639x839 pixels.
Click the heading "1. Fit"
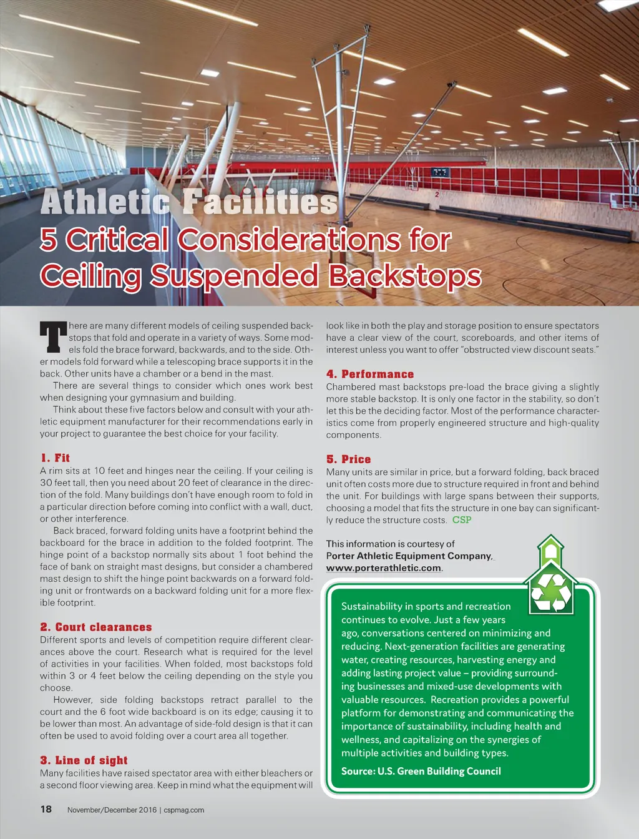[55, 458]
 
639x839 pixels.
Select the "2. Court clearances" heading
[96, 627]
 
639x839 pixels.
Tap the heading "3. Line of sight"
[84, 760]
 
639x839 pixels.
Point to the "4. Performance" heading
[370, 374]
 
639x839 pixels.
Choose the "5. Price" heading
[348, 459]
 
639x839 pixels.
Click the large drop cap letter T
[53, 338]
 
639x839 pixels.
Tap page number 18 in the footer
[46, 809]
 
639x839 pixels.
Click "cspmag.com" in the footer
[184, 810]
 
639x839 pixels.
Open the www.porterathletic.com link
[383, 568]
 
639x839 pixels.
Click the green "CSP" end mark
[462, 519]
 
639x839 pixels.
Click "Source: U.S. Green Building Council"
[421, 771]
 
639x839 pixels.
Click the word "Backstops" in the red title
[405, 275]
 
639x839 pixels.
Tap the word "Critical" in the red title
[117, 239]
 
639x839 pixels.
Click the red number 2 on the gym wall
[437, 194]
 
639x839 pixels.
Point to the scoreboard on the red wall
[441, 171]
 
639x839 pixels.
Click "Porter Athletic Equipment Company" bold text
[409, 556]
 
